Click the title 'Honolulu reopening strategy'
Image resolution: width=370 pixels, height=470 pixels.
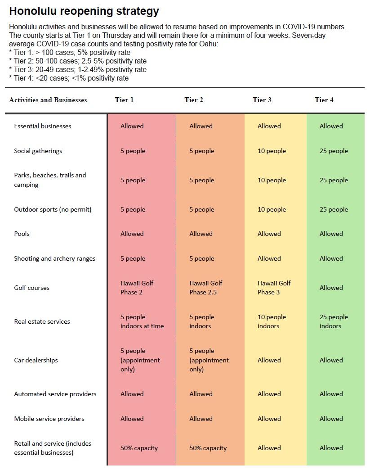click(x=84, y=11)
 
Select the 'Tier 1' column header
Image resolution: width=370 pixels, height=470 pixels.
click(x=124, y=100)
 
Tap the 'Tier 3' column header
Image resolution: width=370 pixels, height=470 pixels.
click(x=262, y=100)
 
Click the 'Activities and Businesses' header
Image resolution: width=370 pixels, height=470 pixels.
click(x=48, y=100)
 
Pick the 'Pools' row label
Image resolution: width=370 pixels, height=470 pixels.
click(x=22, y=234)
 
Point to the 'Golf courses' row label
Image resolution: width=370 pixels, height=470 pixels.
click(x=32, y=288)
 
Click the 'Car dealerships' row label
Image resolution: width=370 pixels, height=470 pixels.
click(x=36, y=360)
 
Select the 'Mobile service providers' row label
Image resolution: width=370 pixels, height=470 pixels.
click(x=49, y=419)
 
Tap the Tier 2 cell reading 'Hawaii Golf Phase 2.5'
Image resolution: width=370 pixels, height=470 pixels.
click(x=206, y=288)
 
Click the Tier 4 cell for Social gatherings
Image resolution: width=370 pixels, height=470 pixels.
click(x=334, y=151)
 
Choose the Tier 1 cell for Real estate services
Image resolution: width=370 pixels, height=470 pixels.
click(x=142, y=321)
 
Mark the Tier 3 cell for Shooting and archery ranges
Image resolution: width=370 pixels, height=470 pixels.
click(x=269, y=258)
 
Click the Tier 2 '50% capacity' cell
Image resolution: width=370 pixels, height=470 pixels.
click(x=208, y=448)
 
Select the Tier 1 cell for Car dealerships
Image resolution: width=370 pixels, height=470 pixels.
click(x=140, y=360)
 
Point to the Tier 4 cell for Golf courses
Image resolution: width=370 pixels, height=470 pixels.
click(x=331, y=288)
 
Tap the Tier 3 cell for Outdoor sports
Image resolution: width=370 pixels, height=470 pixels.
click(x=272, y=209)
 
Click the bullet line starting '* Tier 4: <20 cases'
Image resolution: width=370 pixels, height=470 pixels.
click(x=69, y=78)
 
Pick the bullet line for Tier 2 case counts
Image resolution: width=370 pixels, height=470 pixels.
click(x=78, y=61)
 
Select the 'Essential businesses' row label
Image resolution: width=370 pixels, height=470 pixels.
click(x=43, y=126)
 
